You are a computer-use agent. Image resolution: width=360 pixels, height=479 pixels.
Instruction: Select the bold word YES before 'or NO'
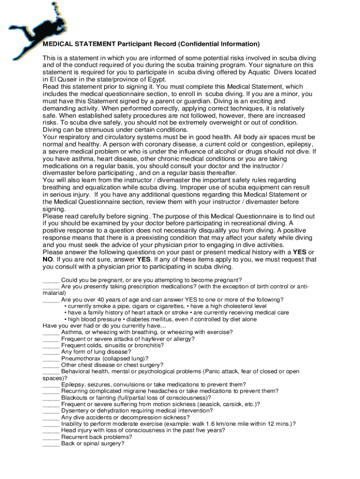pos(300,252)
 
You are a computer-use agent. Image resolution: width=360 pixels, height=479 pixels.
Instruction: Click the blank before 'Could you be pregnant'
pos(50,280)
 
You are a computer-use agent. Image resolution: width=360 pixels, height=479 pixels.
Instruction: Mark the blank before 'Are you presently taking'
pos(50,287)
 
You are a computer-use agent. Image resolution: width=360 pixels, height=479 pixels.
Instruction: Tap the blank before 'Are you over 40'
pos(50,300)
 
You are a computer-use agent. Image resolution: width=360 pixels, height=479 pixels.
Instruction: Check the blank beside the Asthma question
pos(50,333)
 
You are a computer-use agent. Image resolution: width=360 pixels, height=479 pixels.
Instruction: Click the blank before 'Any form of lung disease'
pos(50,352)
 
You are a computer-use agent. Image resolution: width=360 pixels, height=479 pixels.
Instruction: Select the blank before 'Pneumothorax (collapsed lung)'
pos(50,359)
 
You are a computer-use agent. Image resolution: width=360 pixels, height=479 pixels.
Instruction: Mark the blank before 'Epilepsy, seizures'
pos(50,385)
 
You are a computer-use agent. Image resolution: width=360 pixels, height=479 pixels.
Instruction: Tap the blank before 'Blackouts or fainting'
pos(50,398)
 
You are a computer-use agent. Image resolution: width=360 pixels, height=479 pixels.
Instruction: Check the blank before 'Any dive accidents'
pos(50,418)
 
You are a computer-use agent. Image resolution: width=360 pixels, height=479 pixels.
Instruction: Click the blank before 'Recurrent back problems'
pos(50,437)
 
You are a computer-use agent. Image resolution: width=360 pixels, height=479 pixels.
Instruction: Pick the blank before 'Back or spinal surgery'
pos(50,444)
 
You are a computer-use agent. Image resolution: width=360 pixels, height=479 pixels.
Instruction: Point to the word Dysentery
pos(75,411)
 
